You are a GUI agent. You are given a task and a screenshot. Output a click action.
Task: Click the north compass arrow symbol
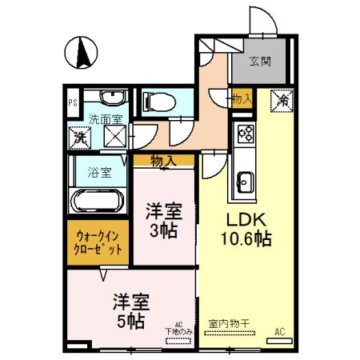click(82, 54)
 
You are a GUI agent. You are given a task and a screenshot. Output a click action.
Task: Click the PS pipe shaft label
click(71, 102)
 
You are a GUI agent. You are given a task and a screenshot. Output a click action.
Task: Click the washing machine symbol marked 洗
click(80, 138)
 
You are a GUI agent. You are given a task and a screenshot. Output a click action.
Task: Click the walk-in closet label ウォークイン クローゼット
click(99, 242)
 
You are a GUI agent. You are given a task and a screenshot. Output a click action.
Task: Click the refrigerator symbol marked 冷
click(282, 101)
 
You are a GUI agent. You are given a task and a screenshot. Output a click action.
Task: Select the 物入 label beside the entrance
click(242, 98)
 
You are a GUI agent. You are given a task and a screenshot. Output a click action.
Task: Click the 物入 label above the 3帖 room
click(163, 161)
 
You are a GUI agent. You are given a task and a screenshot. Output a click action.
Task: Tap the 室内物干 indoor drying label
click(229, 324)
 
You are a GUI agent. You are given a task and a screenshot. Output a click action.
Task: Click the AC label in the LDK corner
click(280, 331)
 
